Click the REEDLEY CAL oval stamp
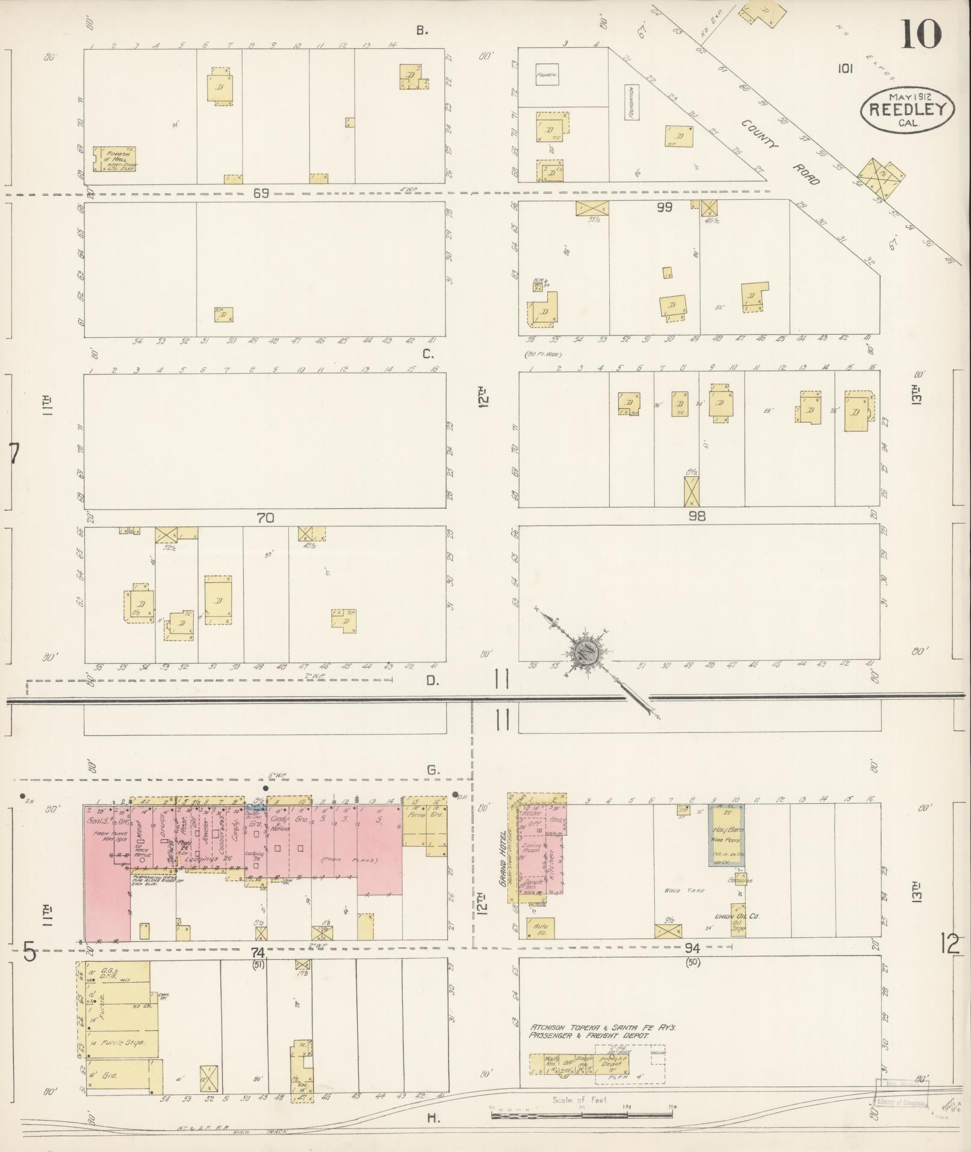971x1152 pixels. (x=907, y=110)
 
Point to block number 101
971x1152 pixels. (x=845, y=69)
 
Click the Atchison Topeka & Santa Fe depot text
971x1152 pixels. (x=602, y=1030)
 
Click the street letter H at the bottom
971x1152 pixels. (x=432, y=1118)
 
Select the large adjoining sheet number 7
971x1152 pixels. (x=14, y=453)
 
